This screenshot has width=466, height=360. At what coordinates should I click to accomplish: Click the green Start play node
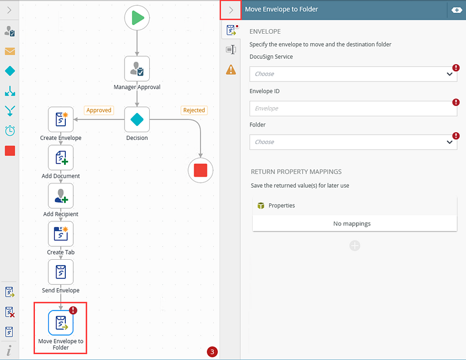click(x=137, y=18)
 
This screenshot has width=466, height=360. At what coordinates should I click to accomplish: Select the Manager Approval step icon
click(x=137, y=69)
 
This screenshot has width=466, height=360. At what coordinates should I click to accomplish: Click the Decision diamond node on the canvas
click(x=137, y=119)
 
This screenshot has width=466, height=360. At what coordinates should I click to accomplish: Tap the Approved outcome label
click(x=99, y=110)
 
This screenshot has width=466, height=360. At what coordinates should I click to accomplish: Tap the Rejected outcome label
click(x=194, y=110)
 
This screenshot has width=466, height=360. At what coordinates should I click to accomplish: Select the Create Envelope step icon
click(x=61, y=119)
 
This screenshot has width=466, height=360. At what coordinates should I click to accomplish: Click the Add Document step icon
click(x=61, y=157)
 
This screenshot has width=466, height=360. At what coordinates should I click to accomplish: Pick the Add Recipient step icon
click(x=61, y=196)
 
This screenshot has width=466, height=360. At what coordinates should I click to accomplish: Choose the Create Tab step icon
click(x=61, y=234)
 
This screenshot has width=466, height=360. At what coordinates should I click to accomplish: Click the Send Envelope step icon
click(x=61, y=272)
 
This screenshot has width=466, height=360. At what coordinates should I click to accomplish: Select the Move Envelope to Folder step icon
click(x=61, y=323)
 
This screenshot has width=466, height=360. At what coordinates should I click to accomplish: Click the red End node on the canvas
click(x=200, y=170)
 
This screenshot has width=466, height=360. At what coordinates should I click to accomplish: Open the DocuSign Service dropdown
click(x=353, y=74)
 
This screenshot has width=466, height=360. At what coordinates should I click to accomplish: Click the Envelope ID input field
click(x=353, y=108)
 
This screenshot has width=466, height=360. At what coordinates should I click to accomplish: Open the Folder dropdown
click(x=353, y=142)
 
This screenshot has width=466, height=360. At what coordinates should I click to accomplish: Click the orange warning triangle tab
click(x=231, y=70)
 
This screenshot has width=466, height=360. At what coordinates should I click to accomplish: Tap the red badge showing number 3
click(x=212, y=352)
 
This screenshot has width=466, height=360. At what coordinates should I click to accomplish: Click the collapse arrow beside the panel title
click(x=231, y=10)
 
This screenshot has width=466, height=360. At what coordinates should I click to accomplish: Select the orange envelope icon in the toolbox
click(x=10, y=51)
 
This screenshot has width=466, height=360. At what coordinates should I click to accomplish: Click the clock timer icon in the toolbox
click(x=10, y=130)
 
